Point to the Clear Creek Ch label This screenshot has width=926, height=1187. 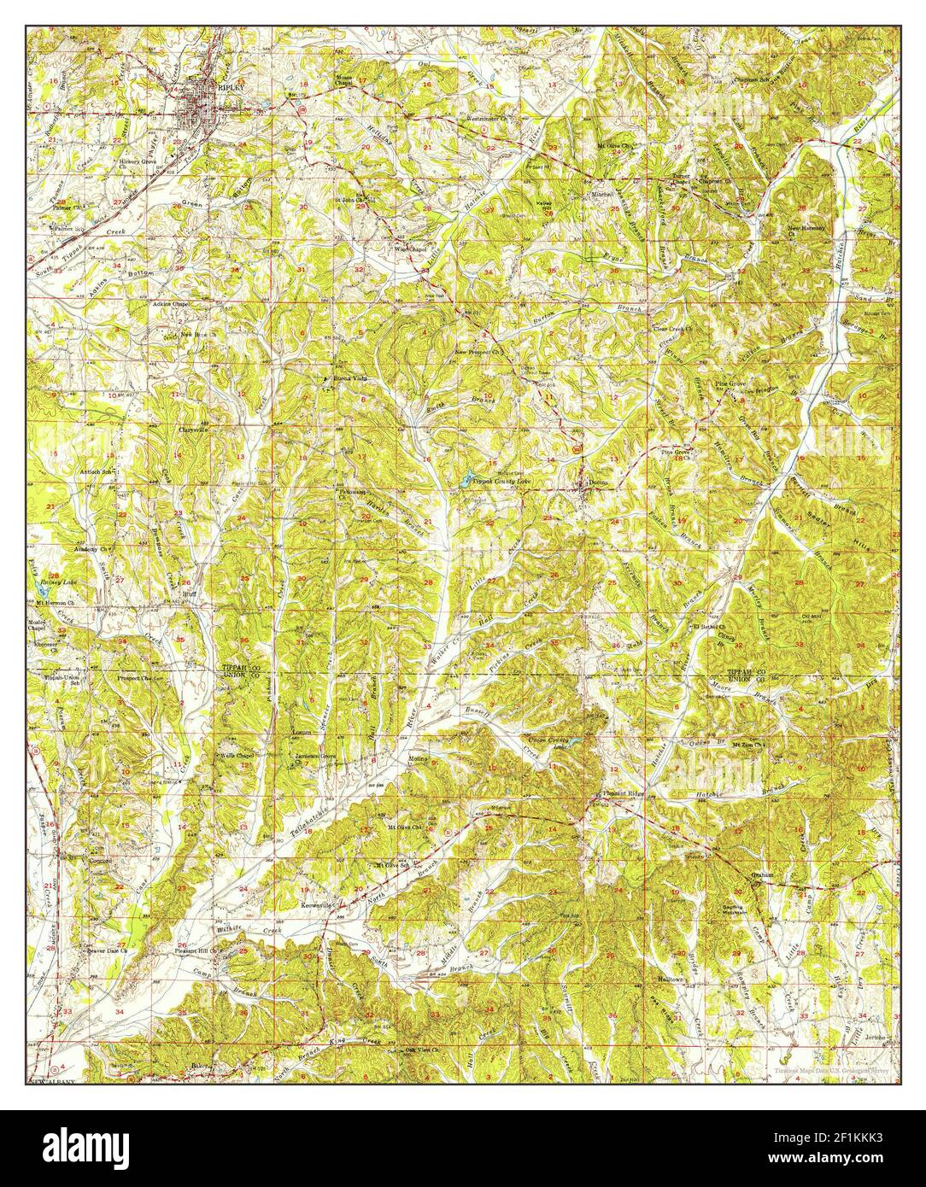tap(674, 328)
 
